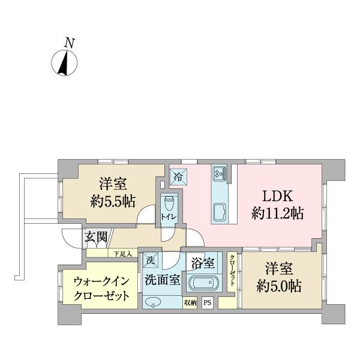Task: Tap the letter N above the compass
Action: coord(70,43)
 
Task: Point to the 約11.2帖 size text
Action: coord(277,212)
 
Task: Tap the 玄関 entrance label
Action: coord(95,236)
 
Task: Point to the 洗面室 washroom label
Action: coord(161,279)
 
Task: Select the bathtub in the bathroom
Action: coord(205,283)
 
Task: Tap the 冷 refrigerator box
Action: coord(178,176)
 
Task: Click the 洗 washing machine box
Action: coord(150,260)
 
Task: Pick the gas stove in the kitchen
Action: coord(218,173)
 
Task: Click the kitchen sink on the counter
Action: coord(218,212)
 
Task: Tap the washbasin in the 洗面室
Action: coord(154,302)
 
